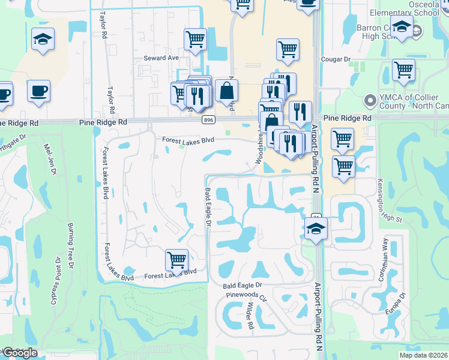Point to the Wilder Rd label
(250, 316)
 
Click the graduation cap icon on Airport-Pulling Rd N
(316, 228)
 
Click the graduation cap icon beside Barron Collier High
(402, 26)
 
